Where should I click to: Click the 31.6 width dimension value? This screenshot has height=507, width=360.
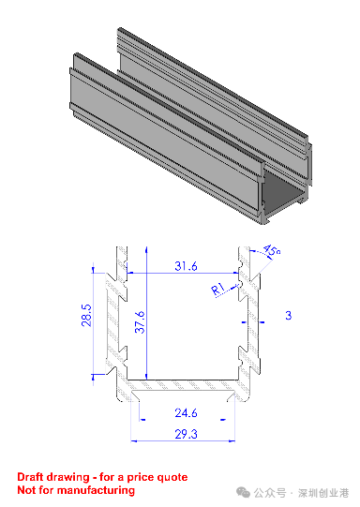point(186,266)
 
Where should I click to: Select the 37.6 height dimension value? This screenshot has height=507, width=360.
point(141,322)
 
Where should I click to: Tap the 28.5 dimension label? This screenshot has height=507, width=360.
point(86,315)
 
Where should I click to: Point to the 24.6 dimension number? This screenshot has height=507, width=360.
point(186,413)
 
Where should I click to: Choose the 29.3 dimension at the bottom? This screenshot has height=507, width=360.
point(186,434)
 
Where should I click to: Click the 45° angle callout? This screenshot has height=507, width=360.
point(272,251)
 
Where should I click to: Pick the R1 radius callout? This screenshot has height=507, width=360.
point(218,289)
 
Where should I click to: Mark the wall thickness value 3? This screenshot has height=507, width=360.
point(288,315)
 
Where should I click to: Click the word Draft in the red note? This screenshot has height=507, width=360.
point(30,477)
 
